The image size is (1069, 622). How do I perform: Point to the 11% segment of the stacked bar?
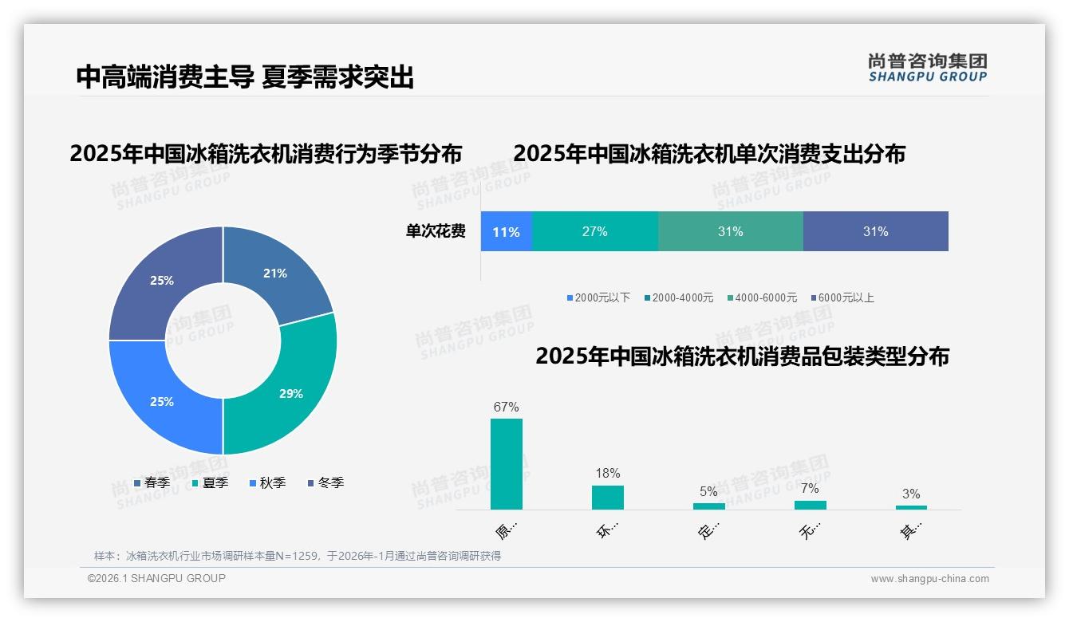[x=506, y=232]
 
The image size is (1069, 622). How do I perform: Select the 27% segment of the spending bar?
[x=594, y=231]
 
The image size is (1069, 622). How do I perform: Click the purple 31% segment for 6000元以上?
[x=875, y=231]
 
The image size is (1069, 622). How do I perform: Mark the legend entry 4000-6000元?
[x=765, y=297]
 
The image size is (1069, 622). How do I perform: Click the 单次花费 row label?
[x=436, y=232]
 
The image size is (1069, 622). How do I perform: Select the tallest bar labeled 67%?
[x=506, y=463]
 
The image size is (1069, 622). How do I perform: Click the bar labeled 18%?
[x=607, y=497]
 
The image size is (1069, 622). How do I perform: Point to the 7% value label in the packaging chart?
[x=810, y=488]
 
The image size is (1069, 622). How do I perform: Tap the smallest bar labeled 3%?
[x=911, y=507]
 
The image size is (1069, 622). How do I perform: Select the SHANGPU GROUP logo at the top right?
[x=927, y=68]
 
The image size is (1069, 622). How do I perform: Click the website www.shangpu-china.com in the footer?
[x=929, y=579]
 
